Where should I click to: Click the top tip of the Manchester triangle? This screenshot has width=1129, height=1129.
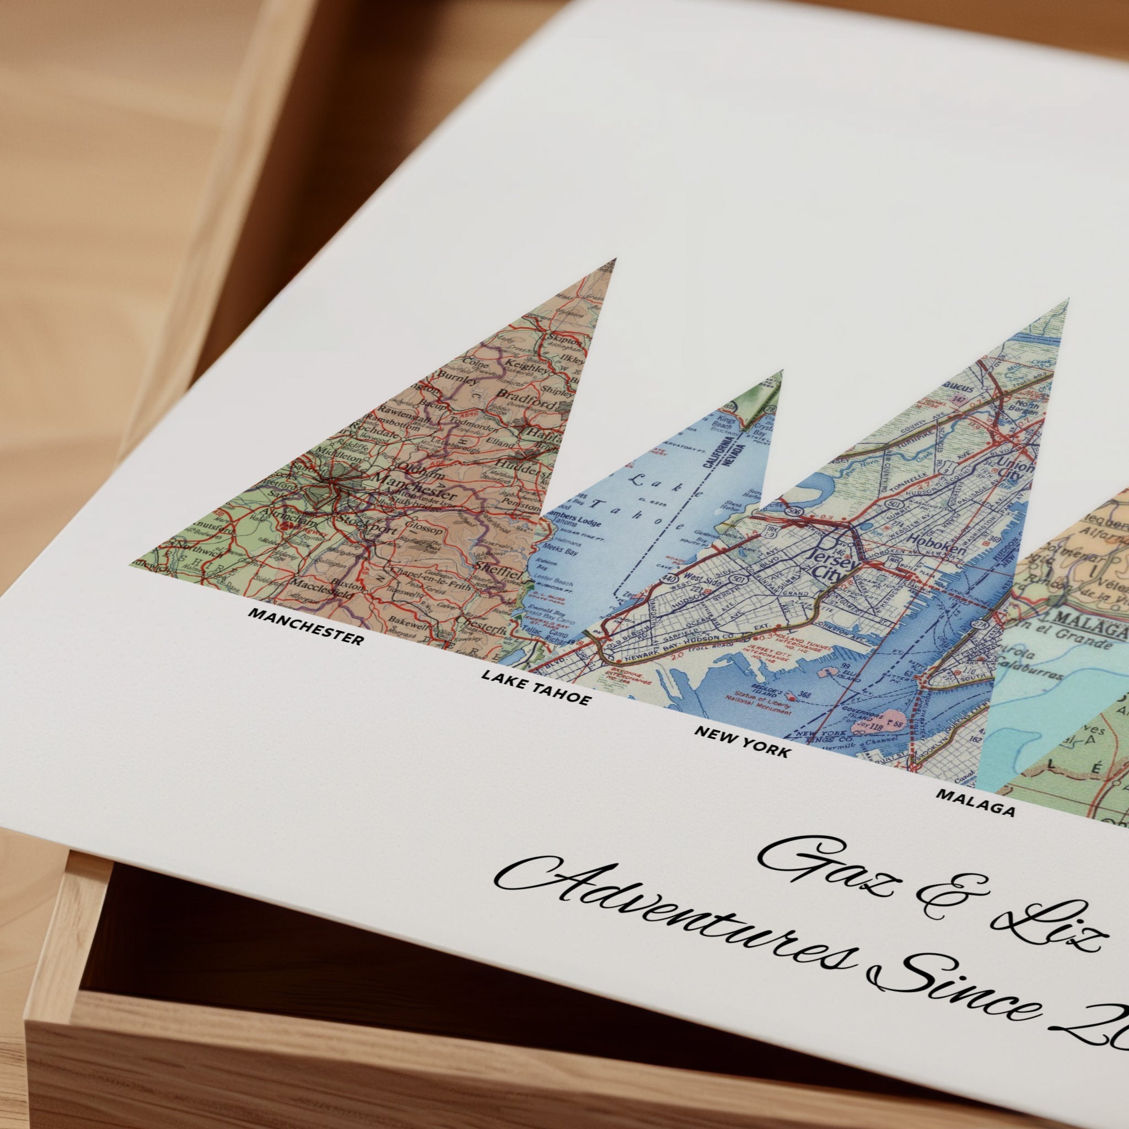(614, 260)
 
